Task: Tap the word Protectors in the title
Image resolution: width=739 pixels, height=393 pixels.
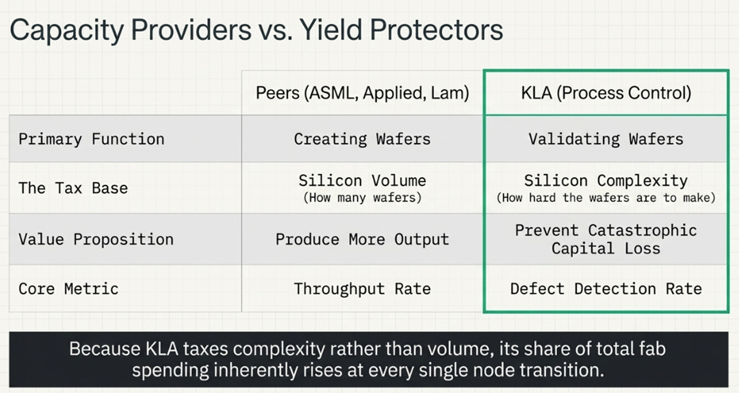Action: [436, 30]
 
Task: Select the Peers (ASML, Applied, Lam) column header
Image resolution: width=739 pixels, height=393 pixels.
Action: [362, 93]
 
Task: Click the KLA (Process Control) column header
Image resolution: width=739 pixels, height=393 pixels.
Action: [605, 93]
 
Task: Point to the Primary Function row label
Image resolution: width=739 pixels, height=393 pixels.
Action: [91, 139]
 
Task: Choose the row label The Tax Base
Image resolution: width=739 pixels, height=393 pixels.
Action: [73, 188]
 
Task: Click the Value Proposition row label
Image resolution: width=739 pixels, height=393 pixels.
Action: [96, 239]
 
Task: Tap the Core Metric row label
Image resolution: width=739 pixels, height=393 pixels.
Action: [68, 289]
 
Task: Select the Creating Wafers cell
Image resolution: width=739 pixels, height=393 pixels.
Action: [362, 139]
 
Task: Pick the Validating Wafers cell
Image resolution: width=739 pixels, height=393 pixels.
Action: [605, 139]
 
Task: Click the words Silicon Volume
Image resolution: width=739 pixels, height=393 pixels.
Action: [362, 181]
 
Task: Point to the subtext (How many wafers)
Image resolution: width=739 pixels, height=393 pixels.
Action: [362, 198]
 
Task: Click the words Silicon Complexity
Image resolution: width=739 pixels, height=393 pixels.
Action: [605, 181]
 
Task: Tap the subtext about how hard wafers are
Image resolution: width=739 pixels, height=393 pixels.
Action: [605, 198]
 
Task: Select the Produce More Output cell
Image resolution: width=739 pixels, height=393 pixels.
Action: [362, 239]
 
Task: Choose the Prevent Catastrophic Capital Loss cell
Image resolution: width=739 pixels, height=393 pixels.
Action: [605, 239]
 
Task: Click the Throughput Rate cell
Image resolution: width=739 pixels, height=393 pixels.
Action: [362, 289]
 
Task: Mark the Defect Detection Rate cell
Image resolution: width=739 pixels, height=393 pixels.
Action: [605, 289]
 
